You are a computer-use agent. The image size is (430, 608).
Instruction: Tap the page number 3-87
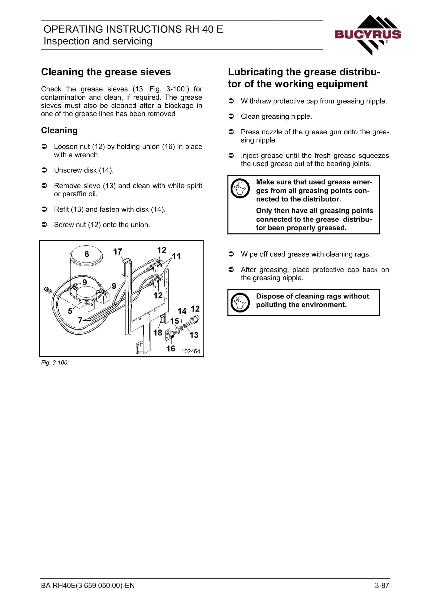[382, 585]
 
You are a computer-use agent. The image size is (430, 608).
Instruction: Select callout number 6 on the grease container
[87, 254]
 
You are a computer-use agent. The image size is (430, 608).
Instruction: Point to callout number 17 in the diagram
[117, 252]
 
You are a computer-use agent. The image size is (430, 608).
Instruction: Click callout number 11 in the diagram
[176, 256]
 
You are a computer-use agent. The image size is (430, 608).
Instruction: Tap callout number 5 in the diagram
[70, 311]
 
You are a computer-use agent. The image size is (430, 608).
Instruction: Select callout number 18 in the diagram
[158, 333]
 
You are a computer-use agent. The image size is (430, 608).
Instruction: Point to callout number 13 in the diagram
[194, 335]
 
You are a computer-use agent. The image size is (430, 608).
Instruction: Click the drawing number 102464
[191, 351]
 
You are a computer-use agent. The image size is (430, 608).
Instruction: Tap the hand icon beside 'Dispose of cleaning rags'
[240, 302]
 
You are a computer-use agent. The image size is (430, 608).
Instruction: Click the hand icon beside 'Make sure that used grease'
[240, 188]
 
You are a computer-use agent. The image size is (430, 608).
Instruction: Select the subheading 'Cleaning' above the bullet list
[59, 131]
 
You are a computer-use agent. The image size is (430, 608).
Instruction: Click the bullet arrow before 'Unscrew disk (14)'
[45, 170]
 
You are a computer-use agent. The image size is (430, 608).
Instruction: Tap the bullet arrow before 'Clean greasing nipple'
[231, 116]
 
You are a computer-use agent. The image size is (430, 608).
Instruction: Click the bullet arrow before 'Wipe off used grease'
[231, 254]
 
